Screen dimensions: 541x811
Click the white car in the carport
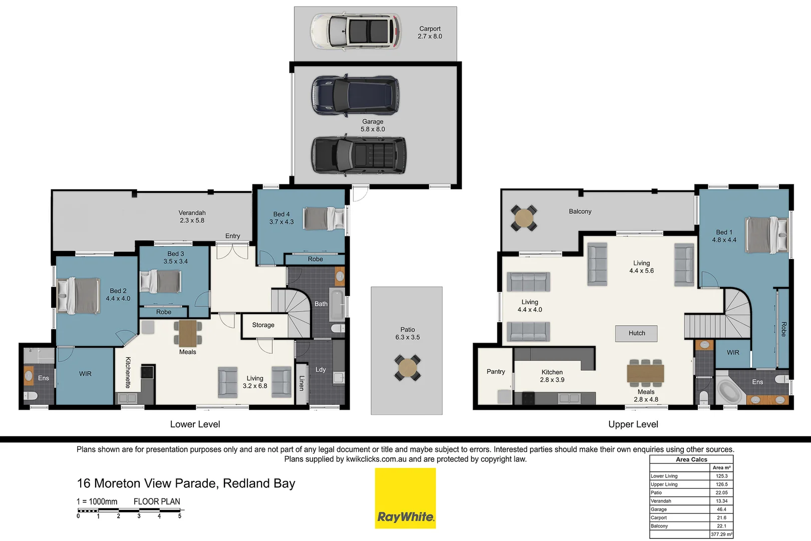(x=356, y=32)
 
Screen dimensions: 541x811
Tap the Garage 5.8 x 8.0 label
(x=373, y=125)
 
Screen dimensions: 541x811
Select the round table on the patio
(x=407, y=368)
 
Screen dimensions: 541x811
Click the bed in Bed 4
(x=324, y=219)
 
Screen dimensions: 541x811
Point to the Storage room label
(x=263, y=325)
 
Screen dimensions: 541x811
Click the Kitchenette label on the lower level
(x=128, y=372)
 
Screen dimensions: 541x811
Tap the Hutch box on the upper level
(x=636, y=333)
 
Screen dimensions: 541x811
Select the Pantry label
(x=495, y=372)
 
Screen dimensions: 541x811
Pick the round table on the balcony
(x=524, y=218)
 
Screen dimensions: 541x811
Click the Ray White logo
(x=405, y=498)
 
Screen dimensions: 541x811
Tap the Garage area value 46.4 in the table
(x=721, y=509)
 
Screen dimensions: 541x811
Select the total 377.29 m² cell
(x=721, y=534)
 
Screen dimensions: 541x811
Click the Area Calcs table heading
(x=691, y=459)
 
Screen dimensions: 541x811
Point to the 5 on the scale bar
(x=179, y=516)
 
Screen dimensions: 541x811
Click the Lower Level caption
(x=195, y=424)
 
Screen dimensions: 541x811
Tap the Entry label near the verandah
(x=232, y=236)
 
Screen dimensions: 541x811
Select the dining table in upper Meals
(x=645, y=374)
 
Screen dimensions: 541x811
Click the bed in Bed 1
(x=766, y=235)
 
